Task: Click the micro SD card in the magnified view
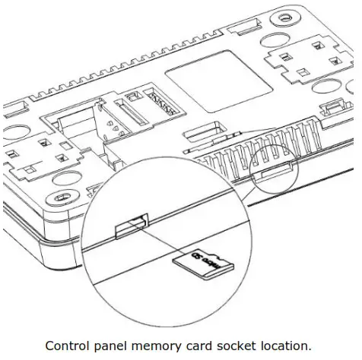(201, 264)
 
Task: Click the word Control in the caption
(68, 346)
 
